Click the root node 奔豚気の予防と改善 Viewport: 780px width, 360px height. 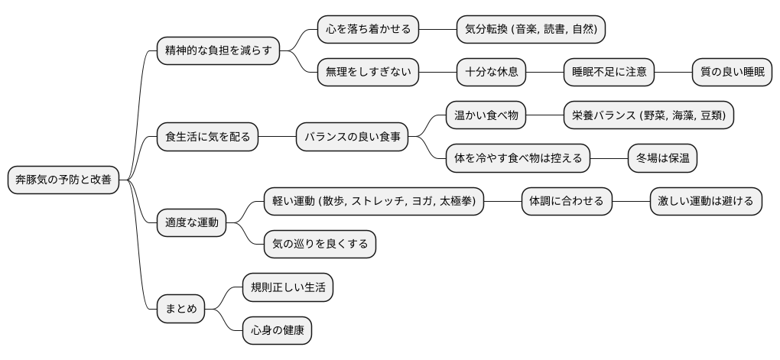point(63,180)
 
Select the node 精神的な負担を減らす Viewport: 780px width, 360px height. point(218,51)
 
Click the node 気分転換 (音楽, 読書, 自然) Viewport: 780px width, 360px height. point(531,30)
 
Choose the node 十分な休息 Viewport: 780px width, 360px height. point(492,73)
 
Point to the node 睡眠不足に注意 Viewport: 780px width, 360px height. point(609,73)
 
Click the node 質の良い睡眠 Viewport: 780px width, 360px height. point(732,73)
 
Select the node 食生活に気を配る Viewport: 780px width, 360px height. point(207,138)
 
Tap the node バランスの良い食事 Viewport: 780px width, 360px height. point(352,138)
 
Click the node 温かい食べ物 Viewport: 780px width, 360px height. point(486,116)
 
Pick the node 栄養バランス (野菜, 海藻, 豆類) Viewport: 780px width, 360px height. point(648,116)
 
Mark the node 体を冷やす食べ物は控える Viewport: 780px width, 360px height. point(518,159)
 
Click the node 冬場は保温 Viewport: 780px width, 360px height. point(662,159)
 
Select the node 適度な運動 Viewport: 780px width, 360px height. point(192,223)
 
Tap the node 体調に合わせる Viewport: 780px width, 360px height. point(567,202)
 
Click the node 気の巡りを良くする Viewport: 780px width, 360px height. point(320,245)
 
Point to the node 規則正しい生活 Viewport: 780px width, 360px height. point(288,288)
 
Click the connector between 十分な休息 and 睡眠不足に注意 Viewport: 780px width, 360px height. point(544,73)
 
